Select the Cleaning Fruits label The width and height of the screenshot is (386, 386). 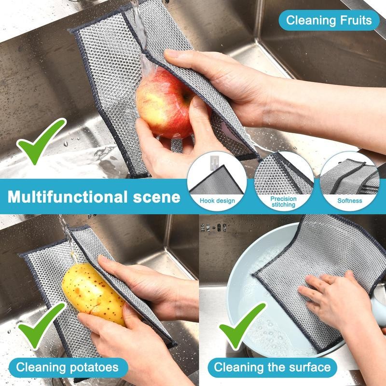click(x=329, y=20)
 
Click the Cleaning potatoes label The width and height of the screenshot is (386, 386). click(x=67, y=367)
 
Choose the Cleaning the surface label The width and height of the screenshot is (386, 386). click(x=273, y=367)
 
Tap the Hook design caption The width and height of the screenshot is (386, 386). click(x=217, y=201)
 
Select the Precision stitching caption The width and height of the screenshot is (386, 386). click(x=283, y=202)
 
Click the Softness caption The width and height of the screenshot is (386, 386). click(x=349, y=201)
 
